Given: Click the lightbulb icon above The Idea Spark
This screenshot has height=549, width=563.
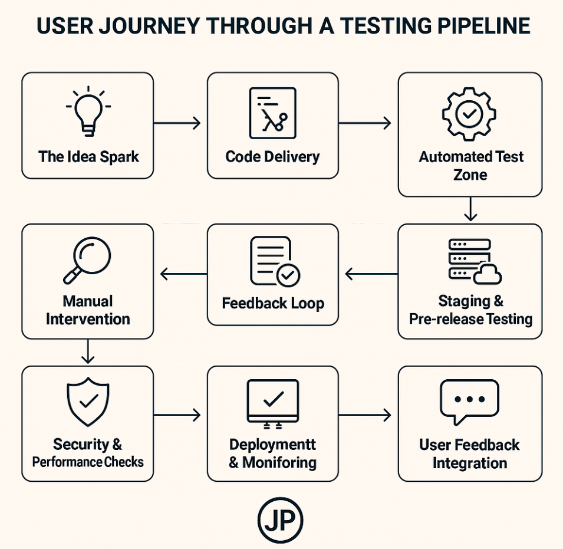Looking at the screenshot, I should [x=88, y=111].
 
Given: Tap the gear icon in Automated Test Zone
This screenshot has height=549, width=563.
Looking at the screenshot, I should [x=469, y=114].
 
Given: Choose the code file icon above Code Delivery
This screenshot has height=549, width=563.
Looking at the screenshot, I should [x=272, y=113].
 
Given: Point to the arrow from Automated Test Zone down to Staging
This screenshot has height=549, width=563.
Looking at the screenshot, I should [x=470, y=209].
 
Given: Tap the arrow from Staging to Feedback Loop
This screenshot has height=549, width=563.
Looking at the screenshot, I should [x=371, y=274].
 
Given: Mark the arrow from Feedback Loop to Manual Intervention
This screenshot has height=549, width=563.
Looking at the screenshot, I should [x=183, y=274].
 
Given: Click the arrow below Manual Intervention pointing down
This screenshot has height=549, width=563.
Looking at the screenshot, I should [x=87, y=351].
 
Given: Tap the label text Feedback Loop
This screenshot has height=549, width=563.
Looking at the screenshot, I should [x=273, y=304].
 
